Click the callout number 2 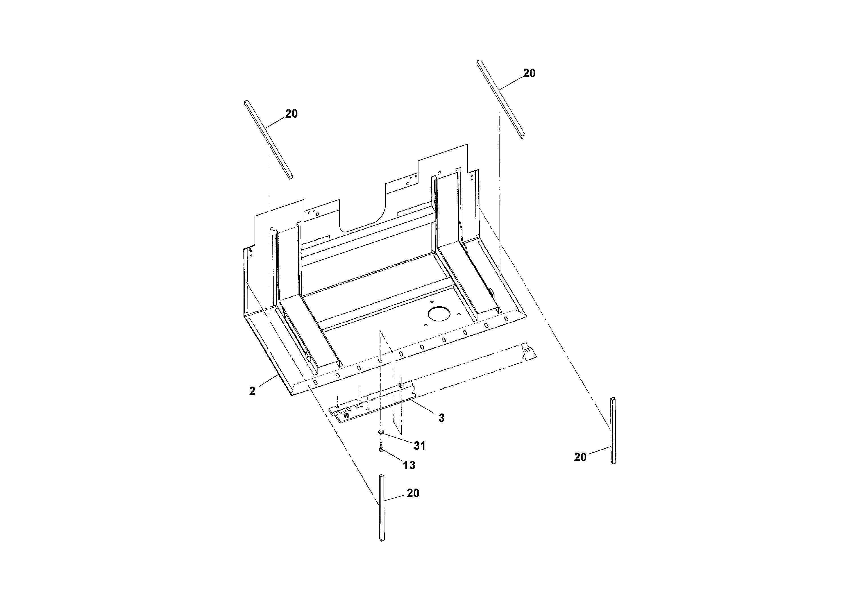pos(252,391)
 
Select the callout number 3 pos(441,418)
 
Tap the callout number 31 pos(419,446)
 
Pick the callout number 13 pos(409,465)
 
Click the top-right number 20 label pos(529,73)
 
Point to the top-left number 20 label pos(291,114)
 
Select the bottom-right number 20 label pos(580,457)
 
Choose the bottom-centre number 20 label pos(413,493)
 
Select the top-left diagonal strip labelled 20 pos(268,140)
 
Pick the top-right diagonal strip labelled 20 pos(501,99)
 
